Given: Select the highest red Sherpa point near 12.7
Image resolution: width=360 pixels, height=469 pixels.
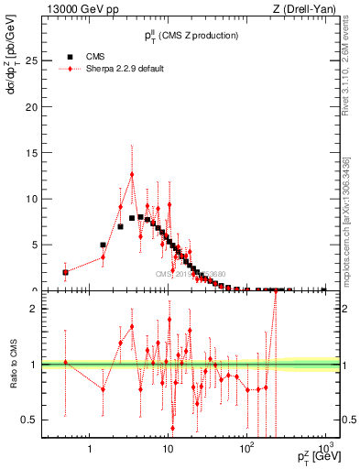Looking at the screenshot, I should point(132,174).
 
